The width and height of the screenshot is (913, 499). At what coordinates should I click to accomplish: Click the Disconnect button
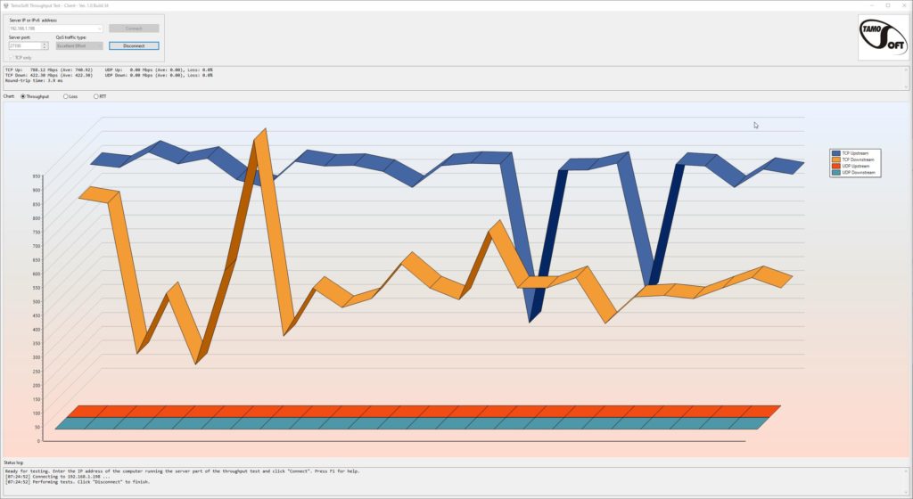(x=134, y=45)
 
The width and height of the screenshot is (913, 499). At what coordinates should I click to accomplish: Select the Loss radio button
(x=65, y=96)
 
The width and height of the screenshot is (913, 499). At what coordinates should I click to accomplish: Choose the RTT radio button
(x=96, y=96)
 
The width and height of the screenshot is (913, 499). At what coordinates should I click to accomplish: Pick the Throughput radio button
(x=23, y=96)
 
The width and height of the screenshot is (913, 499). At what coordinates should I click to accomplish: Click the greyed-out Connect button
(x=134, y=29)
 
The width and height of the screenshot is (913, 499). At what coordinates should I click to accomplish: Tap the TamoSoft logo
(x=882, y=37)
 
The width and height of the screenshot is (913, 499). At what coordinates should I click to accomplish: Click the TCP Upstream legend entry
(x=854, y=153)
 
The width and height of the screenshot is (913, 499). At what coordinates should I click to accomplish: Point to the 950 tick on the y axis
(x=37, y=176)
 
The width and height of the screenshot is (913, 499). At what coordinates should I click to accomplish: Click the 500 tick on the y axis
(x=37, y=301)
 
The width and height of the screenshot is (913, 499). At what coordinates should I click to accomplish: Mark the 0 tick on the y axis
(x=38, y=440)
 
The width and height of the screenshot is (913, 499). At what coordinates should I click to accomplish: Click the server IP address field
(x=55, y=29)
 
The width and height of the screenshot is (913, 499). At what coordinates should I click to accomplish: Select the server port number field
(x=29, y=45)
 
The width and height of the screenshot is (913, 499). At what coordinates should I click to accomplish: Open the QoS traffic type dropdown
(x=79, y=45)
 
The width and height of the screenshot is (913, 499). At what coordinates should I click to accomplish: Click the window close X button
(x=902, y=4)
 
